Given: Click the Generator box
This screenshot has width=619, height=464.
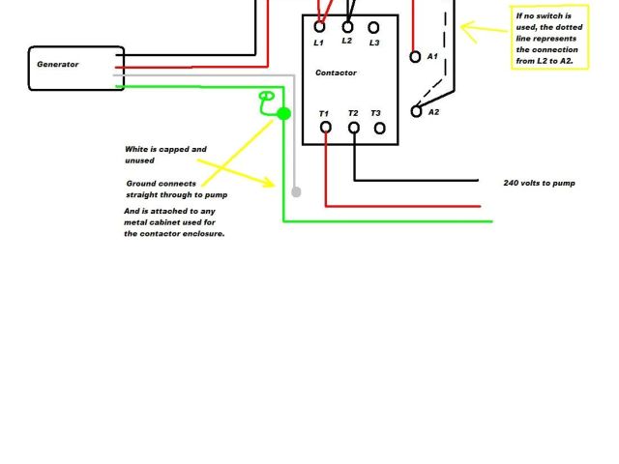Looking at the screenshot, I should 76,68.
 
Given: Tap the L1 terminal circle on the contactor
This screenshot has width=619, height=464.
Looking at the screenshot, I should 319,27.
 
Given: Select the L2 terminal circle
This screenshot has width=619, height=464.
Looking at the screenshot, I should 347,27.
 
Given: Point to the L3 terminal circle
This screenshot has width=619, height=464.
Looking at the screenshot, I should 373,27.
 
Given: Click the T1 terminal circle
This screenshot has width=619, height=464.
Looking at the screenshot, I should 326,127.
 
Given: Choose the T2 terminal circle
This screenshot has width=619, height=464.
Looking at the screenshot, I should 354,127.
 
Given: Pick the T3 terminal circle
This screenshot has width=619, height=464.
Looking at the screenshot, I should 379,127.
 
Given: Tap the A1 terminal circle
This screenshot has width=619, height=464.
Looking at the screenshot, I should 416,57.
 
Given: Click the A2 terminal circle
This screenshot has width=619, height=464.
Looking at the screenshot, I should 417,112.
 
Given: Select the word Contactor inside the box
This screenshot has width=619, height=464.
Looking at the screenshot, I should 336,72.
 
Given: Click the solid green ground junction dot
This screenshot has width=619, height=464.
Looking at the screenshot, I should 283,114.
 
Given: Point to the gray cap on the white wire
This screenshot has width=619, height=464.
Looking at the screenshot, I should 296,192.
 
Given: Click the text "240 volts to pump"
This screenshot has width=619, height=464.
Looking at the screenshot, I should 540,183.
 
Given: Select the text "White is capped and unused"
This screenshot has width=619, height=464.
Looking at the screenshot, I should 165,155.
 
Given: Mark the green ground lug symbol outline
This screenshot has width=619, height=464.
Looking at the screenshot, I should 267,98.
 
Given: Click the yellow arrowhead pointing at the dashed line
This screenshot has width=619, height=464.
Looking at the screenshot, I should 466,30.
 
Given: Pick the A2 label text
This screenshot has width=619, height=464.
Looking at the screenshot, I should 433,112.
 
